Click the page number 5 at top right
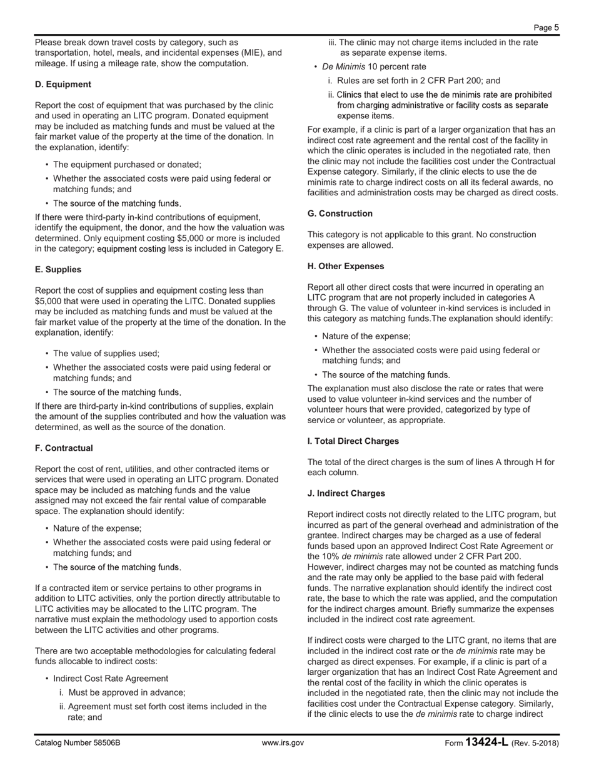(556, 28)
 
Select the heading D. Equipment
(63, 85)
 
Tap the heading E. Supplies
(58, 270)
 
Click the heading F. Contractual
(64, 448)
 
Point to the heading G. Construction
(340, 213)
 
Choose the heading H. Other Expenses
(346, 266)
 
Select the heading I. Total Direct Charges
(353, 441)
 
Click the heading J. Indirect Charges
(346, 493)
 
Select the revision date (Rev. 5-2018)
(535, 743)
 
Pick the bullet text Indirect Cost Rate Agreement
(111, 679)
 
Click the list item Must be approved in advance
(126, 692)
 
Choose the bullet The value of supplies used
(106, 353)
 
